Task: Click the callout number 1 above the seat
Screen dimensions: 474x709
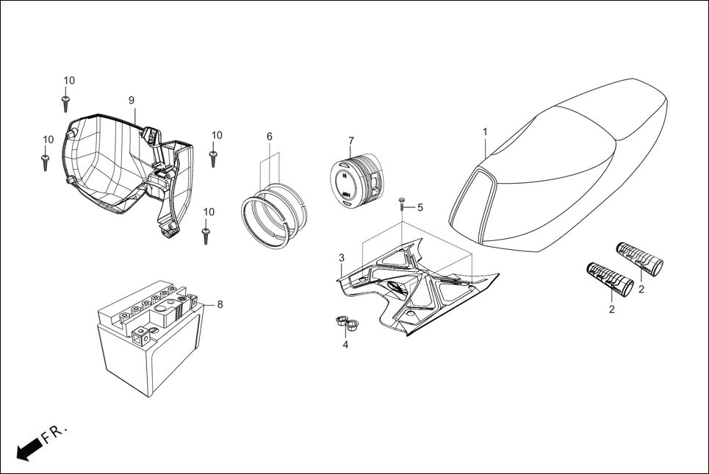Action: [485, 131]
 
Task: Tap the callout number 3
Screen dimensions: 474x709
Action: [341, 257]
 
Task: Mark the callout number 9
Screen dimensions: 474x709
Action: [132, 100]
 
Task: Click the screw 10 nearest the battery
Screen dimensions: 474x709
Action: [206, 234]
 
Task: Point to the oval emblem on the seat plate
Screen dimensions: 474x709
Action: [395, 287]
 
